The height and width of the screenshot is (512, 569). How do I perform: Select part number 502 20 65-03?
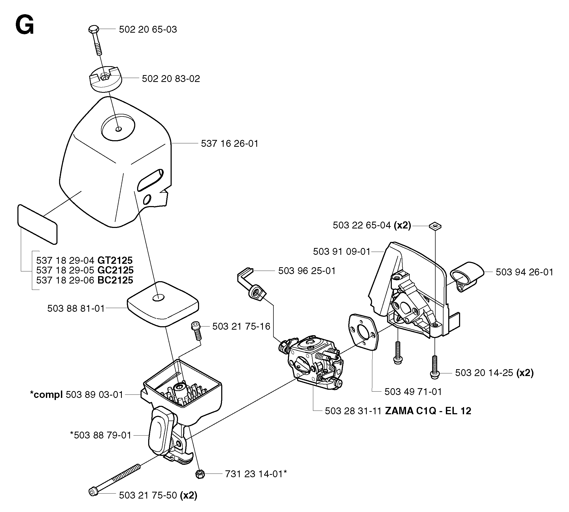coord(148,29)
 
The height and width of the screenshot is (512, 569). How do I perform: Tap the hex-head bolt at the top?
coord(95,39)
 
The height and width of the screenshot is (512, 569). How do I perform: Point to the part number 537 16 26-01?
coord(229,143)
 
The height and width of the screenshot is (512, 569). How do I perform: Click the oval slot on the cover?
coord(150,180)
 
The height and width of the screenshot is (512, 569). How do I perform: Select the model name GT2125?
coord(115,260)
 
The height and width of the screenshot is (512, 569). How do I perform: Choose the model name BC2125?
coord(115,280)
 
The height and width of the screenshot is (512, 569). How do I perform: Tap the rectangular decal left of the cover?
coord(37,224)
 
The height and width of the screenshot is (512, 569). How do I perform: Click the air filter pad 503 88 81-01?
coord(163,304)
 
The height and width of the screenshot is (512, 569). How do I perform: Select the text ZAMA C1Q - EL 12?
coord(428,411)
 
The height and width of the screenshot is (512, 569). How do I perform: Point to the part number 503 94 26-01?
coord(524,272)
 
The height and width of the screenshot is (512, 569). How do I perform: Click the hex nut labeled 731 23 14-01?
coord(200,474)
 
